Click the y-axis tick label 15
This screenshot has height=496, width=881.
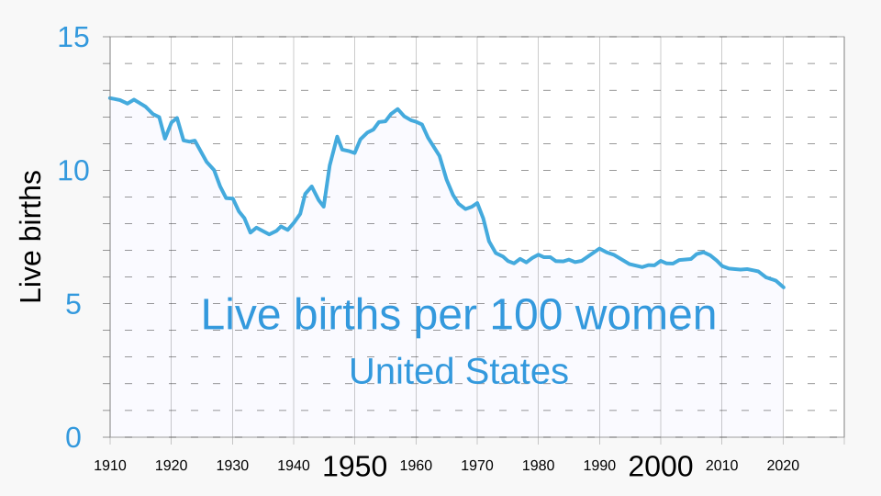point(73,38)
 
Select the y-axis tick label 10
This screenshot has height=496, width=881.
point(73,171)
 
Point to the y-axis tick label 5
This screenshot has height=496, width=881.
point(73,304)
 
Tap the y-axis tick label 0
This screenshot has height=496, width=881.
point(73,438)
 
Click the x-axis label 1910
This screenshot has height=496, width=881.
point(110,466)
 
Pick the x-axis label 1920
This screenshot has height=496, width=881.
point(172,466)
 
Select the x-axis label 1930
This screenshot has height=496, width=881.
point(232,466)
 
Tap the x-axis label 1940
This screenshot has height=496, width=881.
point(294,466)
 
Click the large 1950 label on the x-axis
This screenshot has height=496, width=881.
point(354,467)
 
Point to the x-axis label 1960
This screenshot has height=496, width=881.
point(416,466)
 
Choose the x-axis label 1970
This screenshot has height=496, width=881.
point(477,466)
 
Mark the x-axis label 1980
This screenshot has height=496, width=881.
point(539,466)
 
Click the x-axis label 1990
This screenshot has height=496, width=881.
point(599,466)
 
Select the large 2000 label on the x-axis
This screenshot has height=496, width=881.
point(661,467)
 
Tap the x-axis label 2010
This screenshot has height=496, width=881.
point(722,466)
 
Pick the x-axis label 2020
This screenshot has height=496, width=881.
point(784,466)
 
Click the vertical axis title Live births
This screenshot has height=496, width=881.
point(31,237)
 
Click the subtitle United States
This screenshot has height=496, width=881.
point(458,371)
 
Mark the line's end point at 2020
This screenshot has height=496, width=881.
point(784,287)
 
